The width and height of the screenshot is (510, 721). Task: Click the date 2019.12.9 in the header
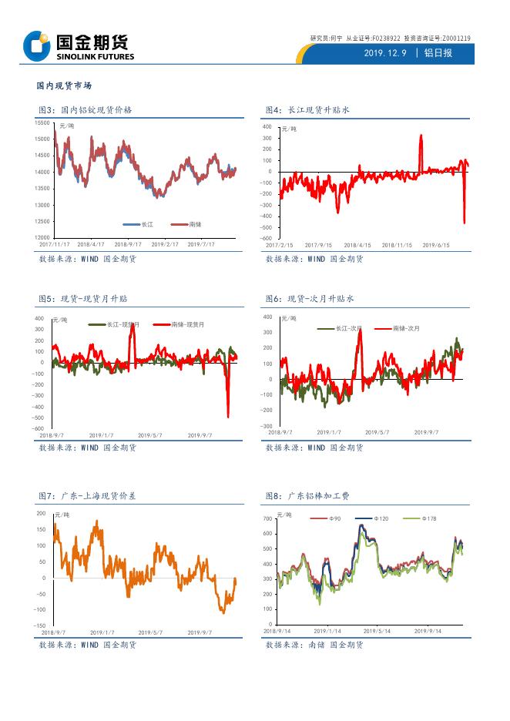[x=384, y=53]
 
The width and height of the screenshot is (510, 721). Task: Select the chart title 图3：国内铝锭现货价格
[x=86, y=110]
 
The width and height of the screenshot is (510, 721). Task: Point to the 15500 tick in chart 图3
[x=42, y=123]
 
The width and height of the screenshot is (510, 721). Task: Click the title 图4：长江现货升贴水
[x=307, y=110]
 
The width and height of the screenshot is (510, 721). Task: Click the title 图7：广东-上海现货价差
[x=88, y=495]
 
